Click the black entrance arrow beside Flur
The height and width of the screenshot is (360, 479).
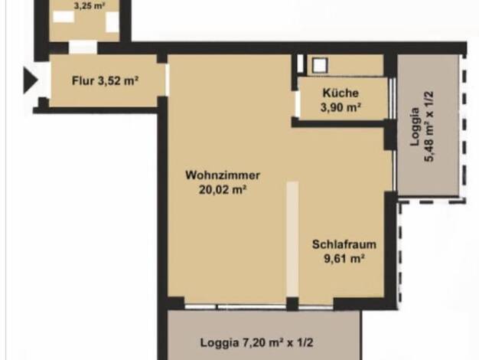31,80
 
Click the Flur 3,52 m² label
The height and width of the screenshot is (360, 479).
106,81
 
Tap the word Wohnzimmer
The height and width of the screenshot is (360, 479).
223,175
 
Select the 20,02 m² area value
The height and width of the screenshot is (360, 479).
223,190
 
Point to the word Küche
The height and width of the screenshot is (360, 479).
341,93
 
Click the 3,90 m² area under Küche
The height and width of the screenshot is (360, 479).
341,107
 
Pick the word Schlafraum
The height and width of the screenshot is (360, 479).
344,244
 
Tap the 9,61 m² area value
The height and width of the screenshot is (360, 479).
344,259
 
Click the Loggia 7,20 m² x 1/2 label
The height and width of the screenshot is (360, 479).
256,342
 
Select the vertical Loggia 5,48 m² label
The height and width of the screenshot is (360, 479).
422,126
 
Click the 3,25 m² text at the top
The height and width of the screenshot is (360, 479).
90,6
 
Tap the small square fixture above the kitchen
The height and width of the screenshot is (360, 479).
320,65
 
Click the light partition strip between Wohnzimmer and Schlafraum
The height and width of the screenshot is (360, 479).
292,239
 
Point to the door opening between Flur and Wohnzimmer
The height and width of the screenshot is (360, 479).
167,80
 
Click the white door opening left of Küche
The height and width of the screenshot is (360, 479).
297,104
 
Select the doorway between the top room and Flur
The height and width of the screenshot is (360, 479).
83,47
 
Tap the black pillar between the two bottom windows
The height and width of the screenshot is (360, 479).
292,304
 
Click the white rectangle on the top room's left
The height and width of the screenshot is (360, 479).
64,17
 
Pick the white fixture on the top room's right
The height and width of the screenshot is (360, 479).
112,22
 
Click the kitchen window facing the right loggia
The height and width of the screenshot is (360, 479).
393,98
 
